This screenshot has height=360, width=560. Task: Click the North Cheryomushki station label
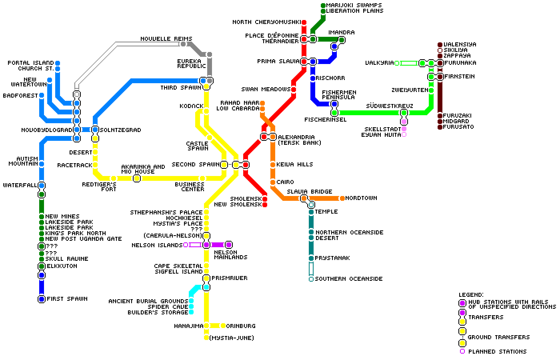266,22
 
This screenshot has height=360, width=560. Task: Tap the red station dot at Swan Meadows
293,90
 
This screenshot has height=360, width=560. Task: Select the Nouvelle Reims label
166,39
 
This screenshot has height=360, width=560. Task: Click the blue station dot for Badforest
41,96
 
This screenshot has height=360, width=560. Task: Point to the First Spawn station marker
41,299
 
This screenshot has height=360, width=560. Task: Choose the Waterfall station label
20,185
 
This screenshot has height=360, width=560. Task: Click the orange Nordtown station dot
342,198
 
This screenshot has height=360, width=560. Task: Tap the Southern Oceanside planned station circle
311,279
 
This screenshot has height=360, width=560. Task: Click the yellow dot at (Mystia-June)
206,338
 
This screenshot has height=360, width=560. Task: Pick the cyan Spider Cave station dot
191,307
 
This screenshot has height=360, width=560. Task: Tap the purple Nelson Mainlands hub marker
228,245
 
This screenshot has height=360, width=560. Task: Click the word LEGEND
471,295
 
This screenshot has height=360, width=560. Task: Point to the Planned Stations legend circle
462,351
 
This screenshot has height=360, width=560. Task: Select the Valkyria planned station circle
397,63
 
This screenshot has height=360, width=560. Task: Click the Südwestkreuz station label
389,106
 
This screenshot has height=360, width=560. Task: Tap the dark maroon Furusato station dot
440,127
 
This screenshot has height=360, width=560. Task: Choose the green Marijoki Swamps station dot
323,6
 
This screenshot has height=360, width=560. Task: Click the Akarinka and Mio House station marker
137,178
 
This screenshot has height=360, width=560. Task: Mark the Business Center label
190,187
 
